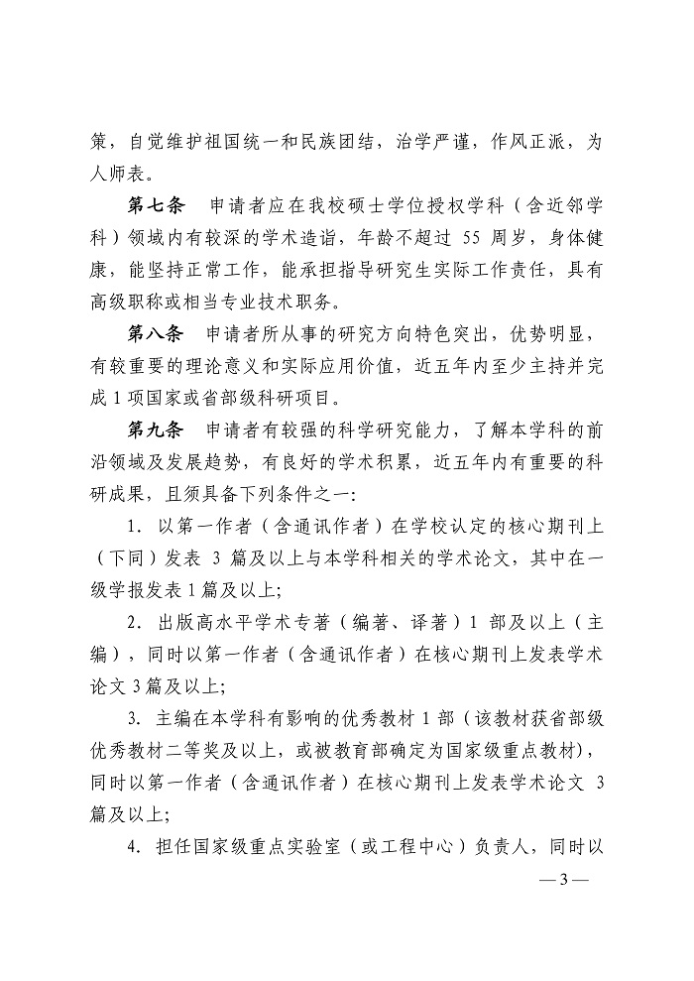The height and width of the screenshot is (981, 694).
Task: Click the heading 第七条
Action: click(x=157, y=208)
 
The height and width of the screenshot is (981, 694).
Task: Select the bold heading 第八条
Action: click(x=157, y=332)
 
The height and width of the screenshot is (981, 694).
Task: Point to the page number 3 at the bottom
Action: click(x=562, y=879)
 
